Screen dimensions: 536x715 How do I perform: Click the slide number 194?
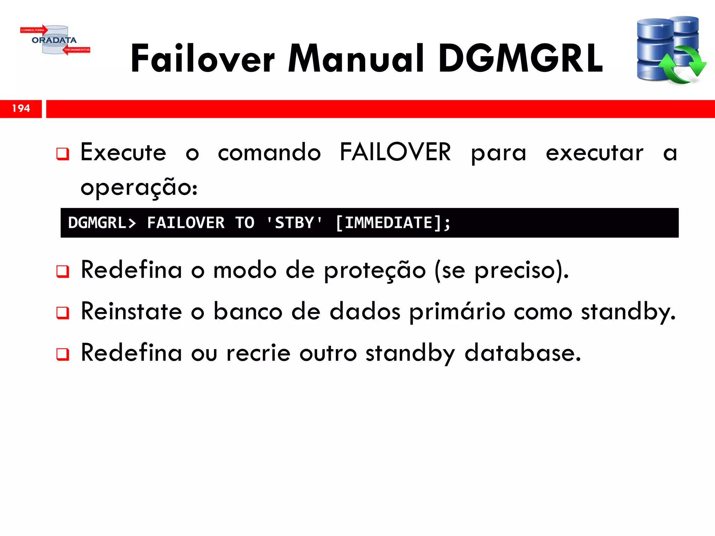21,109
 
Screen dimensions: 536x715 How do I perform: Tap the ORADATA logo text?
54,40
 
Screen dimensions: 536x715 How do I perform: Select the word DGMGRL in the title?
521,59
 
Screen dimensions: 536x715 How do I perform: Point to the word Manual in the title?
356,59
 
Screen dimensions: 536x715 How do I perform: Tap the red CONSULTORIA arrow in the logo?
34,30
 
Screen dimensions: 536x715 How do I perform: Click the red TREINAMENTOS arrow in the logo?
76,50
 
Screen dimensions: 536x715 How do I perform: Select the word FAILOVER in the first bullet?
395,152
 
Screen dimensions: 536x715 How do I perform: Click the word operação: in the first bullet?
139,188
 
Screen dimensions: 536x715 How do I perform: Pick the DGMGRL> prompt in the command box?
102,223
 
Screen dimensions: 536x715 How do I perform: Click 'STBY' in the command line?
294,223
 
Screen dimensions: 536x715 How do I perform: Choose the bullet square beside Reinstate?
63,313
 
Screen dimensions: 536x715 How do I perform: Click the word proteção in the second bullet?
375,271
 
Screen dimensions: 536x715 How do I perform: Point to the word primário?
457,312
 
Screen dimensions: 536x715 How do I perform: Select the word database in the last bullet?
523,353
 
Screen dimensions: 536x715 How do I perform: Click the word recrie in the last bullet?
258,353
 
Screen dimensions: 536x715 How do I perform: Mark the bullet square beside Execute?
63,154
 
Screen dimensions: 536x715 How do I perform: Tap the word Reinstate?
131,312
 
